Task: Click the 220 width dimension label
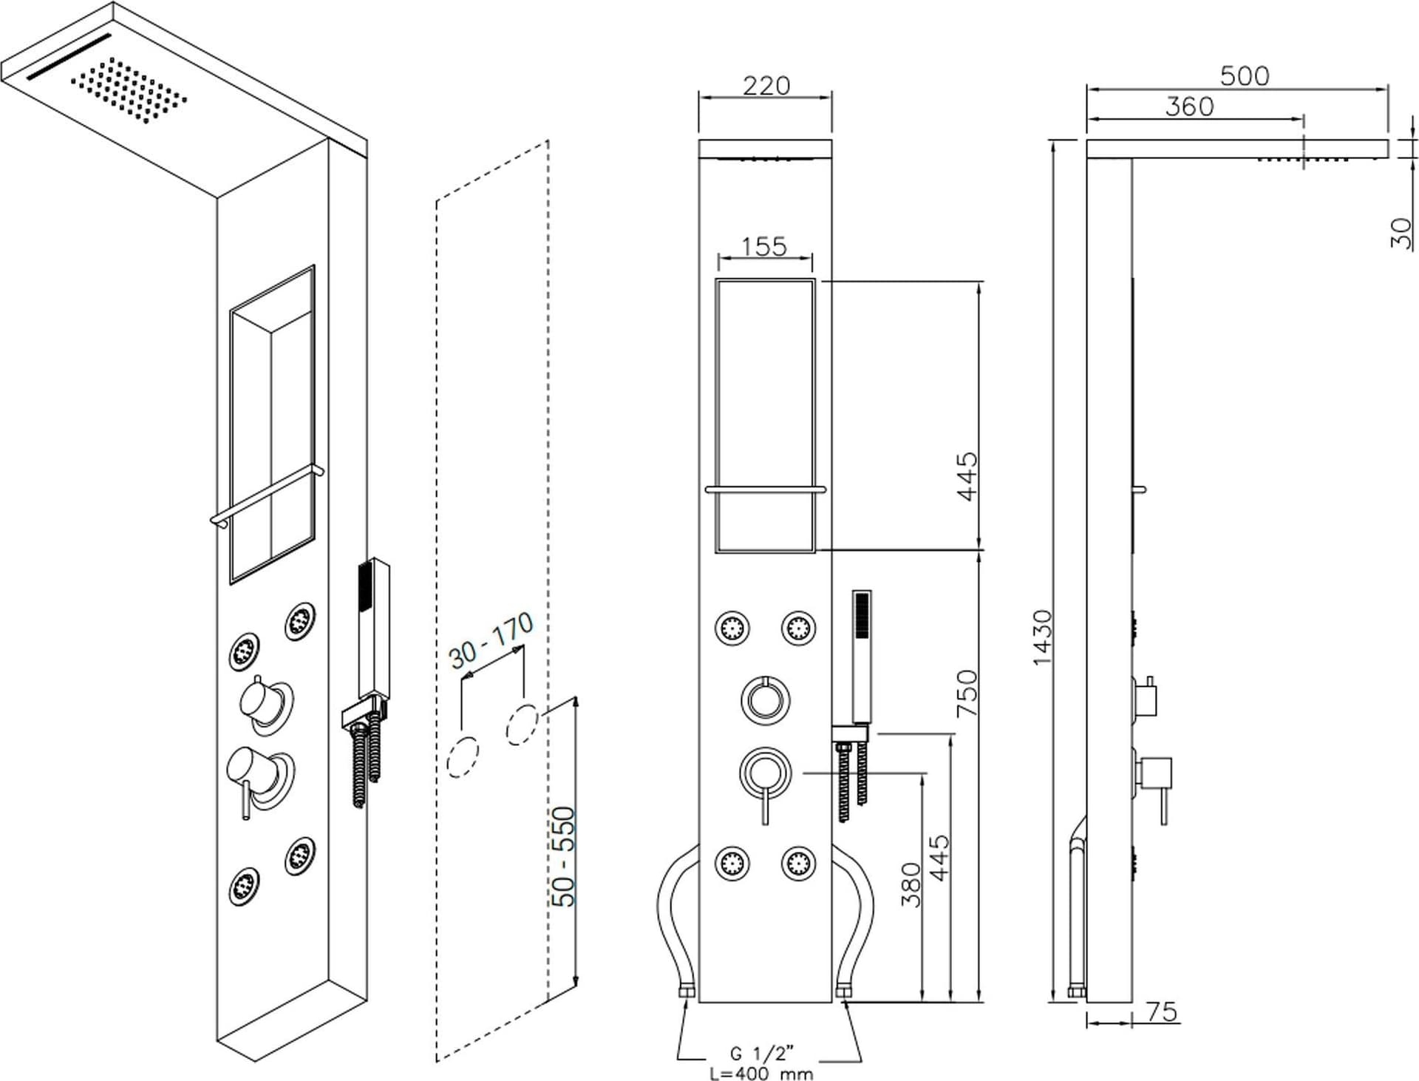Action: (766, 86)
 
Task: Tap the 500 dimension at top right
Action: (1245, 75)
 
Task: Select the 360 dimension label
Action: (1190, 106)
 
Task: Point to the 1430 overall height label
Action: (1041, 637)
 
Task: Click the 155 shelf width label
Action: (764, 246)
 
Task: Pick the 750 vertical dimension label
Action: (967, 693)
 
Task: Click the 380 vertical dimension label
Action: (911, 884)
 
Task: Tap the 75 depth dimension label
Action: (1161, 1011)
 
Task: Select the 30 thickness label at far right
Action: (1401, 233)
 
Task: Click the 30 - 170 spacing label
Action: (491, 640)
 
